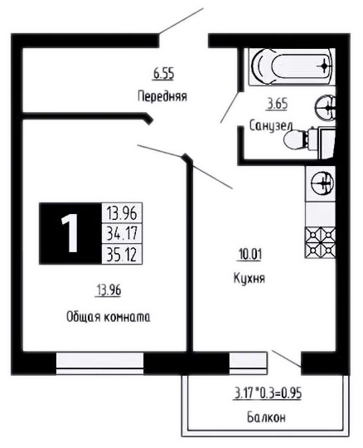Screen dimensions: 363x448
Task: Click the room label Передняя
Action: coord(162,96)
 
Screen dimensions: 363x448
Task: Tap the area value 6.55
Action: coord(163,74)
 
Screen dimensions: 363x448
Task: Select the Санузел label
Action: coord(271,126)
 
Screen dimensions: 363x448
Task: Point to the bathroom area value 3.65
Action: coord(277,104)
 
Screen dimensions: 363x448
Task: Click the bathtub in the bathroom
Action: coord(292,67)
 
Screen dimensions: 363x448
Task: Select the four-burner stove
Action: coord(320,242)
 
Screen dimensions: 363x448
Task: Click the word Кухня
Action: coord(249,278)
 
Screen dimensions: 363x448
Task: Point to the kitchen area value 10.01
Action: coord(249,255)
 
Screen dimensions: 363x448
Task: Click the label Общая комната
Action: coord(109,317)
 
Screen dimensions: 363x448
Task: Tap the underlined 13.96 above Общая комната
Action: coord(109,290)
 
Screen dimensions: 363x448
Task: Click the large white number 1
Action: coord(70,233)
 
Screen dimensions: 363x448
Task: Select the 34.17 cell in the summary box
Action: coord(122,233)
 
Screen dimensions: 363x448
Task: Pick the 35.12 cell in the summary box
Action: coord(122,254)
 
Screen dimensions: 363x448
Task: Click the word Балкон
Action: coord(266,417)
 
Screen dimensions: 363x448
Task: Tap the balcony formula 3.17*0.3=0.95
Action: coord(267,393)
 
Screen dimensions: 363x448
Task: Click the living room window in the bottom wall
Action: coord(99,363)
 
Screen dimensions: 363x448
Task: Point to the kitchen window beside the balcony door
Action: coord(248,363)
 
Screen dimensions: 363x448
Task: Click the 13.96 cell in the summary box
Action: coord(122,213)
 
